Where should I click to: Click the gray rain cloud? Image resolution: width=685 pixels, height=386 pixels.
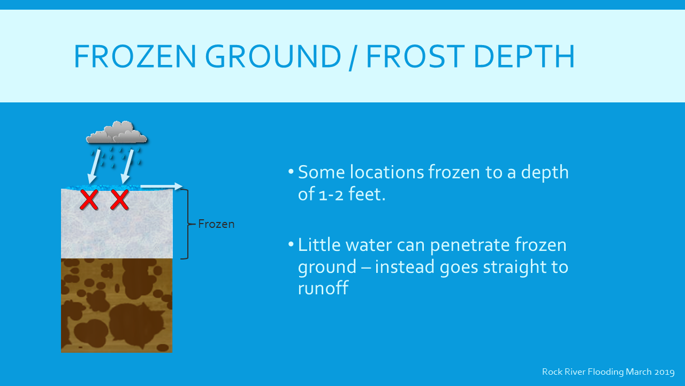(x=117, y=132)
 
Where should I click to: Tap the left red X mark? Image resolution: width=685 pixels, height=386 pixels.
(x=89, y=200)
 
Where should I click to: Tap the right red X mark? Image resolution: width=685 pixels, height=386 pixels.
(x=119, y=200)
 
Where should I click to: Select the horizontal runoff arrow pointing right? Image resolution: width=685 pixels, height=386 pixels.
(x=162, y=186)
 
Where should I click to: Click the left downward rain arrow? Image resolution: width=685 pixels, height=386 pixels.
(x=94, y=166)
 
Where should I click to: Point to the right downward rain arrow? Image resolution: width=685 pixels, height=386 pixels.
(x=127, y=166)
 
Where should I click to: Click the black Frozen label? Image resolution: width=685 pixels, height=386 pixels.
(x=216, y=224)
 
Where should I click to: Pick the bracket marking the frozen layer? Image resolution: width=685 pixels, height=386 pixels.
(x=187, y=224)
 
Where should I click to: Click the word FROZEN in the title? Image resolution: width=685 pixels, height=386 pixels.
(x=135, y=56)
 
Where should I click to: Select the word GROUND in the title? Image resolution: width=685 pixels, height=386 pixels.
(x=273, y=56)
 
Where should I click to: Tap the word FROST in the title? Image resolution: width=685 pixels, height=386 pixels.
(x=416, y=56)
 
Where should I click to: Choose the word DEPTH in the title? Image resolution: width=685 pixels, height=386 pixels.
(x=524, y=56)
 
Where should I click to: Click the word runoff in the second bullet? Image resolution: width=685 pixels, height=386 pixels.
(x=323, y=288)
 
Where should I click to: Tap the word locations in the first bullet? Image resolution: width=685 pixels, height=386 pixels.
(x=387, y=172)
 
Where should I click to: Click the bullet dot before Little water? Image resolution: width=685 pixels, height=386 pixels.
(x=291, y=244)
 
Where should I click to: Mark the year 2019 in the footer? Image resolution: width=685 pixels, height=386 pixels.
(x=665, y=372)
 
